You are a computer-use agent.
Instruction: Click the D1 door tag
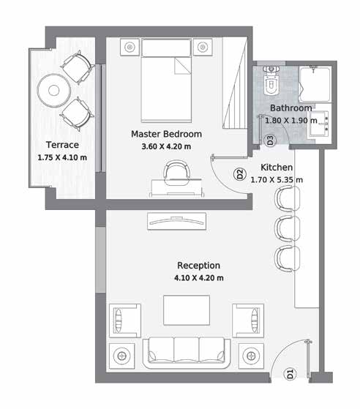tap(290, 374)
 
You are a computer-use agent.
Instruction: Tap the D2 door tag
tap(240, 174)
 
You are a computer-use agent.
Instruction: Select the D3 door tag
tap(270, 140)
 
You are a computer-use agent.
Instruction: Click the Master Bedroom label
tap(166, 134)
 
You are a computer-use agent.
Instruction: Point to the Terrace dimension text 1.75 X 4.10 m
tap(62, 157)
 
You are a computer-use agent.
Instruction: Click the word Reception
tap(198, 266)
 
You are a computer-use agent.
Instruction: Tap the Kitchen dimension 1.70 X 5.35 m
tap(277, 180)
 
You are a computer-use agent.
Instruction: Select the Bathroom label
tap(291, 108)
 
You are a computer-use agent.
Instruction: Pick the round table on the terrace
tap(53, 91)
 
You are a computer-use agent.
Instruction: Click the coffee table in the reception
tap(187, 310)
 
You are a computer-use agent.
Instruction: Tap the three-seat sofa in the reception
tap(187, 353)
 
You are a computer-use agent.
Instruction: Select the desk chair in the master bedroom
tap(177, 173)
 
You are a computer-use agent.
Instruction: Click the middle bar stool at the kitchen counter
tap(288, 229)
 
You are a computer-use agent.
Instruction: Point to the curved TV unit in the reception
tap(176, 221)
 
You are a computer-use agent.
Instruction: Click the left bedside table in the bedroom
tap(130, 48)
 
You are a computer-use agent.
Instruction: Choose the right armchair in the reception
tap(248, 320)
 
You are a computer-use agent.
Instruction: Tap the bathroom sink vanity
tap(319, 124)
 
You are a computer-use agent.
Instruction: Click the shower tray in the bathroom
tap(315, 85)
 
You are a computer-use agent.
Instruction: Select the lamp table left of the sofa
tap(121, 356)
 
